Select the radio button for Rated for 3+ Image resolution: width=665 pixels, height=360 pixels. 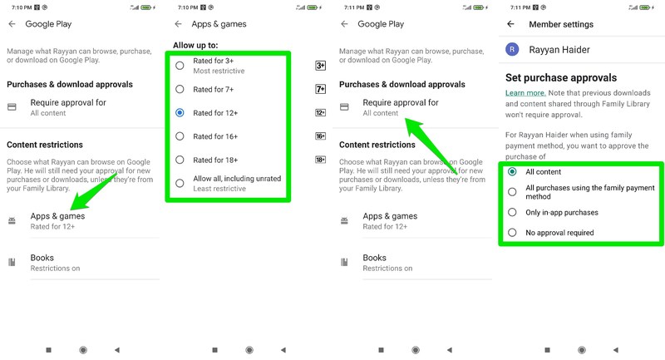(180, 66)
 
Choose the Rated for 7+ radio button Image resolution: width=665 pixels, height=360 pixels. (180, 89)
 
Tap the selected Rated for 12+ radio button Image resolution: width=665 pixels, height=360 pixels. (180, 112)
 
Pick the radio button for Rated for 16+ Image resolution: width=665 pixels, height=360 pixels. (180, 136)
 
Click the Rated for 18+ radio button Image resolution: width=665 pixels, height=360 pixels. (180, 160)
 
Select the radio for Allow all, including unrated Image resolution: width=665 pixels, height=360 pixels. (180, 183)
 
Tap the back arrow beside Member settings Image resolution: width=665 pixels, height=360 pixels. (510, 25)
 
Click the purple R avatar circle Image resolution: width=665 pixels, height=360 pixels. (512, 50)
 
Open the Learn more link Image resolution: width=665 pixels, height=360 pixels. (525, 93)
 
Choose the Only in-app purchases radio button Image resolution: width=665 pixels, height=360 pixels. (512, 213)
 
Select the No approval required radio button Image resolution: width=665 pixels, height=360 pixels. (512, 233)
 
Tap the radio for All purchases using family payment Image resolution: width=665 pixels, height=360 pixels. (512, 192)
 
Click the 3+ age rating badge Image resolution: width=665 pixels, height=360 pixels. (321, 66)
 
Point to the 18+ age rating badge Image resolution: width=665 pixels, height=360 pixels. (321, 160)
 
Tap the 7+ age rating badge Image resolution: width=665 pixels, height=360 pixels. (321, 89)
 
